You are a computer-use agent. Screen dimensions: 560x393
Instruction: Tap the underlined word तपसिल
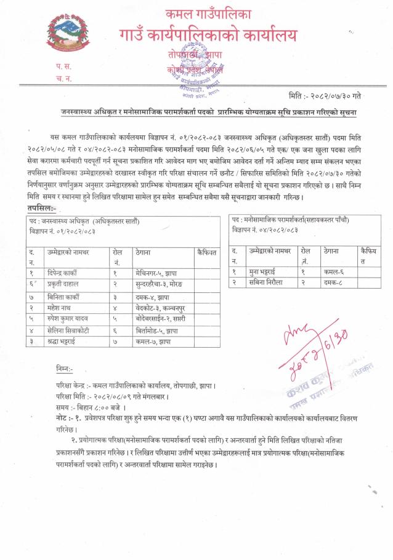pyautogui.click(x=41, y=209)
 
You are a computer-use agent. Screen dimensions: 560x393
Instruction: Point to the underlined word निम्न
pyautogui.click(x=64, y=369)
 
